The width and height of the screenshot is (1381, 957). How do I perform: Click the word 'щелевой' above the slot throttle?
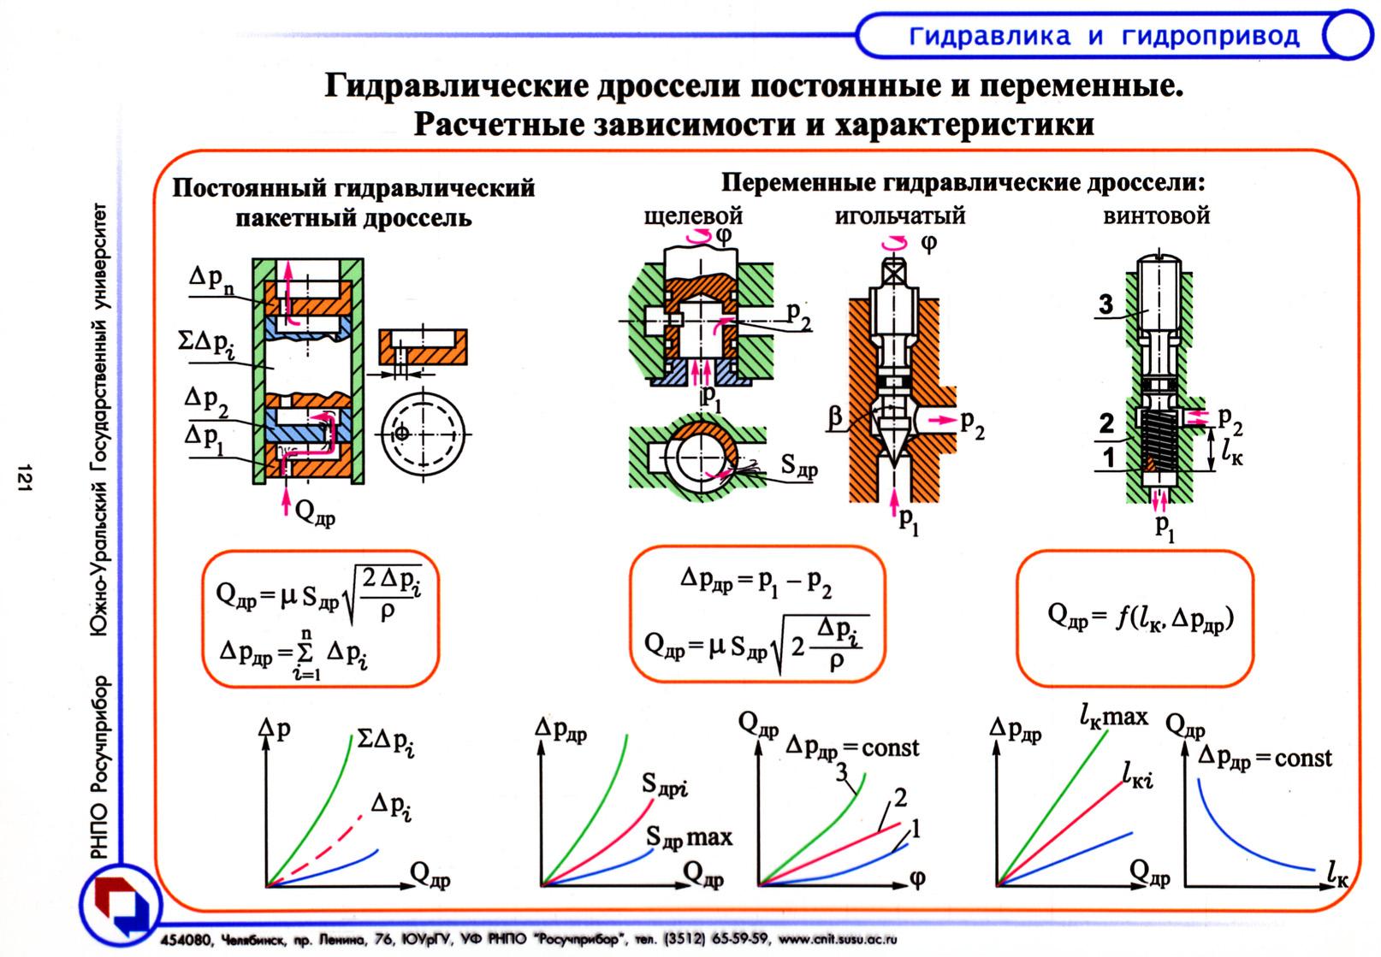693,217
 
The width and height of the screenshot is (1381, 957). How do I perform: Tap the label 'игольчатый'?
900,216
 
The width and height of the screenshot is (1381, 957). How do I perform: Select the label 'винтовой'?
1156,216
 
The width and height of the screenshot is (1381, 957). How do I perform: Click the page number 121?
24,477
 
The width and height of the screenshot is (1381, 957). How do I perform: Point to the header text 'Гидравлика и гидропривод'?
1105,37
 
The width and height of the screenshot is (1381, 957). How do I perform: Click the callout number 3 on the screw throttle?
1106,304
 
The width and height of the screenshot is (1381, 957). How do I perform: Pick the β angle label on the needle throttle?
835,416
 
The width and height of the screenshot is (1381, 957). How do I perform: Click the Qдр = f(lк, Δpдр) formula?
1141,617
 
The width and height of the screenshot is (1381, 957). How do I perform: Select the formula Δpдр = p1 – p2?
756,583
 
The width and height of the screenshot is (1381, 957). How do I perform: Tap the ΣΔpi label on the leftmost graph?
386,742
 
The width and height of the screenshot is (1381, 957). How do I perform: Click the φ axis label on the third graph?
917,878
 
